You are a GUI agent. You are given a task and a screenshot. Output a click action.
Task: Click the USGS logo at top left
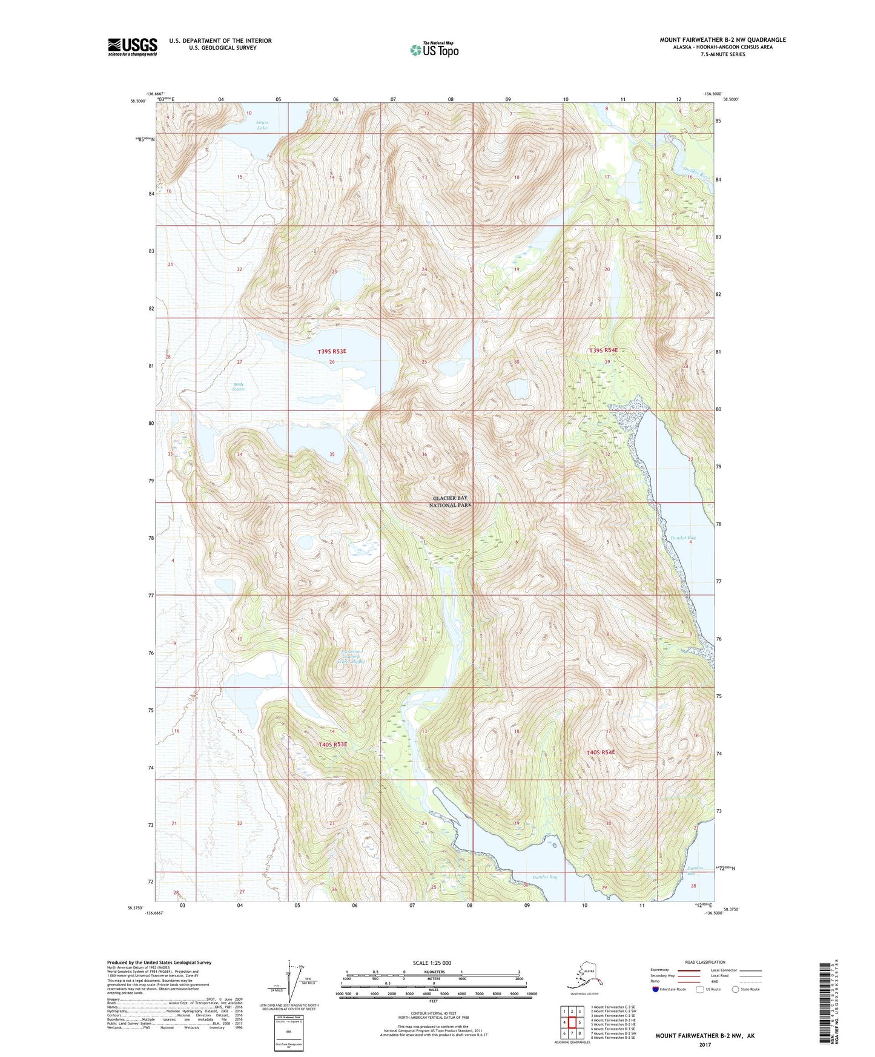(x=132, y=47)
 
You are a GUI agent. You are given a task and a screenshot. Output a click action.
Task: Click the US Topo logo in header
(x=434, y=50)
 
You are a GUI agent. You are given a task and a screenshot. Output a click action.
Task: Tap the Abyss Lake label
(x=262, y=125)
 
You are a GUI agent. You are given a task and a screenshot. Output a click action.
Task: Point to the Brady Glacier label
(x=239, y=386)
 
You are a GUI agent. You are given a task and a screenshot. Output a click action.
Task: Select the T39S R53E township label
(x=332, y=351)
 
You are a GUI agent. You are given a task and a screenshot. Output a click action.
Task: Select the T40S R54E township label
(x=600, y=752)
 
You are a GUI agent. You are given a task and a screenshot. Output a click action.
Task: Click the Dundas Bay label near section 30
(x=545, y=877)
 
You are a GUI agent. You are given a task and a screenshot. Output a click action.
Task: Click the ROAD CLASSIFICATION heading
(x=705, y=962)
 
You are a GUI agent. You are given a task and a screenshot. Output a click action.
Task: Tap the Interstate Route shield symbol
(x=656, y=990)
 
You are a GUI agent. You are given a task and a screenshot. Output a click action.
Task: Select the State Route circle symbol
(x=736, y=990)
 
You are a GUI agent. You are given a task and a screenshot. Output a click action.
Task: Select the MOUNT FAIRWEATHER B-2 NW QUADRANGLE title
(x=722, y=40)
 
